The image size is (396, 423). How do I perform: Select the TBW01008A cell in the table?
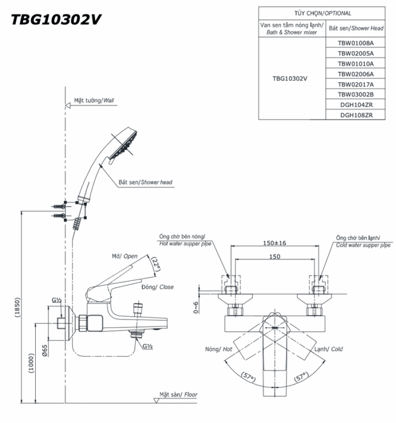click(x=356, y=43)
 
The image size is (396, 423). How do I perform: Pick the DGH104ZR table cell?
click(x=356, y=105)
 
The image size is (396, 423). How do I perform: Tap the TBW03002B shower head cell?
click(x=356, y=94)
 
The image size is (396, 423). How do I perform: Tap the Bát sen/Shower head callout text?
click(x=145, y=183)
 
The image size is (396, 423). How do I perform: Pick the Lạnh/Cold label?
click(x=329, y=349)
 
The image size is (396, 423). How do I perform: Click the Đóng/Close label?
click(x=160, y=287)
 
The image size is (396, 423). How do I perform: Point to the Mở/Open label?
click(x=124, y=256)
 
